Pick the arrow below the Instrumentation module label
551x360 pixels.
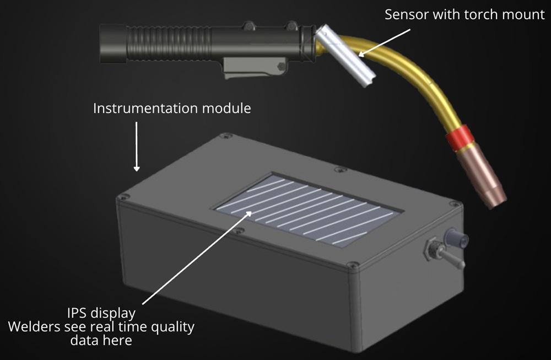136,146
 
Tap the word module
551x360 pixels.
226,108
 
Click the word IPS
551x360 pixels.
78,313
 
